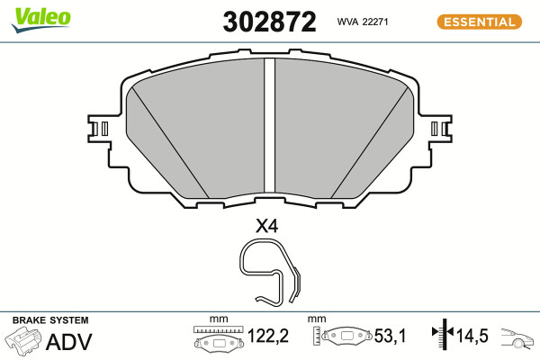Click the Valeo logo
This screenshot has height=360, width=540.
click(40, 20)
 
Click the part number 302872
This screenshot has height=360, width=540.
click(269, 22)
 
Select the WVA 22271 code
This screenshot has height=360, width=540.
click(363, 22)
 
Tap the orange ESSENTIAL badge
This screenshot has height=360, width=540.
click(480, 22)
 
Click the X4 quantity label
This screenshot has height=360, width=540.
click(266, 226)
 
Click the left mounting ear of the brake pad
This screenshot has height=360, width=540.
click(99, 129)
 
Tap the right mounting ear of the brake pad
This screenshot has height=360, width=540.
click(440, 129)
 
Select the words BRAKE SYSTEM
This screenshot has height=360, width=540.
click(50, 320)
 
